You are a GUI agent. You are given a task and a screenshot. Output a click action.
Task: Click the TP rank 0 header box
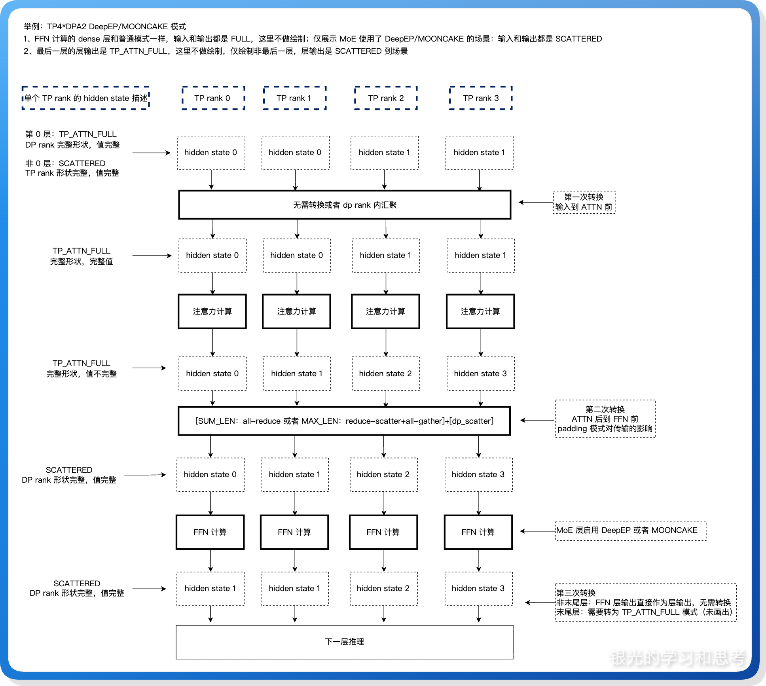click(x=213, y=98)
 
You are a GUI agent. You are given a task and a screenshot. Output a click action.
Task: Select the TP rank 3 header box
click(x=481, y=98)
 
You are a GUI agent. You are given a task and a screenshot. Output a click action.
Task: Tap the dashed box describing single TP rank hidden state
click(x=85, y=98)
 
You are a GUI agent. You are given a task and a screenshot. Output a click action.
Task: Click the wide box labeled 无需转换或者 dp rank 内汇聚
click(x=345, y=205)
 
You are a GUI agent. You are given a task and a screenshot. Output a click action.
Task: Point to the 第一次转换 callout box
click(x=584, y=202)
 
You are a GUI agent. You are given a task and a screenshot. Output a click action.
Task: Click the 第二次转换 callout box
click(x=605, y=419)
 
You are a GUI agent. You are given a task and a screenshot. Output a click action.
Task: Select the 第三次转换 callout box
click(x=645, y=603)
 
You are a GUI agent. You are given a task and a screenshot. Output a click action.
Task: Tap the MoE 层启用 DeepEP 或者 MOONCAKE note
click(x=630, y=531)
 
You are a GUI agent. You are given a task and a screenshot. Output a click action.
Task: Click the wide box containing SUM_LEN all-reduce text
click(x=344, y=421)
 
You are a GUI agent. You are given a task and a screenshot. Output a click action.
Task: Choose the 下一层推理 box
click(x=344, y=642)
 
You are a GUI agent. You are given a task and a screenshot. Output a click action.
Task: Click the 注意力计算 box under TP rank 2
click(x=385, y=311)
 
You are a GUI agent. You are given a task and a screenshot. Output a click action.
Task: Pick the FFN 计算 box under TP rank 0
click(x=210, y=532)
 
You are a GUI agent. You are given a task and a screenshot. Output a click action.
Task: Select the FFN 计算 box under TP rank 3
click(x=478, y=532)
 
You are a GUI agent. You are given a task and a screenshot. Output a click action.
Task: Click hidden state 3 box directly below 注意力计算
click(x=480, y=373)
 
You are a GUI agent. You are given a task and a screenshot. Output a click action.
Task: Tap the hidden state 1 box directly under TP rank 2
click(x=384, y=153)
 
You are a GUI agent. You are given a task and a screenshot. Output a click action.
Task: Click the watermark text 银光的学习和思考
click(x=677, y=658)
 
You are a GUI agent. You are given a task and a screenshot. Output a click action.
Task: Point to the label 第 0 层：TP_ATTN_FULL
click(x=71, y=134)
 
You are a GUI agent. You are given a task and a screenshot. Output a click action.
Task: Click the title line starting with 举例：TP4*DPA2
click(x=105, y=27)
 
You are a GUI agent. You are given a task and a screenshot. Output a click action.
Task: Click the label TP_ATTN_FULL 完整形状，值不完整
click(x=82, y=368)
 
